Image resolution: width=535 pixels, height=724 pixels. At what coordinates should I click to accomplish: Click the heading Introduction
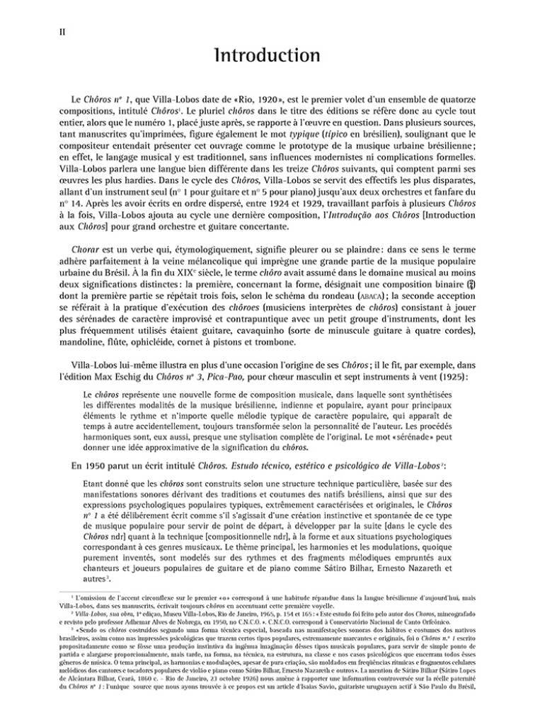pyautogui.click(x=267, y=55)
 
